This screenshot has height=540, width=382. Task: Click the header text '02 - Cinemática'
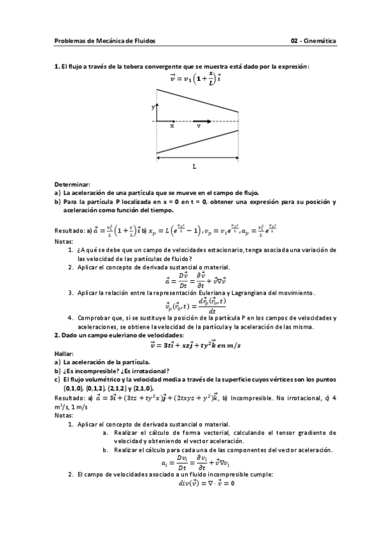click(314, 41)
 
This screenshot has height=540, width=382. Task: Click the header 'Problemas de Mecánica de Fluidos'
click(105, 41)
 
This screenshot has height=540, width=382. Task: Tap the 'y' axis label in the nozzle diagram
click(153, 108)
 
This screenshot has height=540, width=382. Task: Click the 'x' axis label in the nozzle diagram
click(172, 126)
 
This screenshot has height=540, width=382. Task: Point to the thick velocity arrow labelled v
click(202, 120)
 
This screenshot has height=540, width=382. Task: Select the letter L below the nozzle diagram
click(194, 166)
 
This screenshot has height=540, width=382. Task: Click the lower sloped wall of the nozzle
click(197, 141)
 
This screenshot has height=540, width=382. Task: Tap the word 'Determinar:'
click(72, 184)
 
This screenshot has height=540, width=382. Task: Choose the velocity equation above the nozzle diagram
click(194, 79)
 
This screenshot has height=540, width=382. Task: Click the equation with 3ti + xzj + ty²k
click(195, 345)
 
